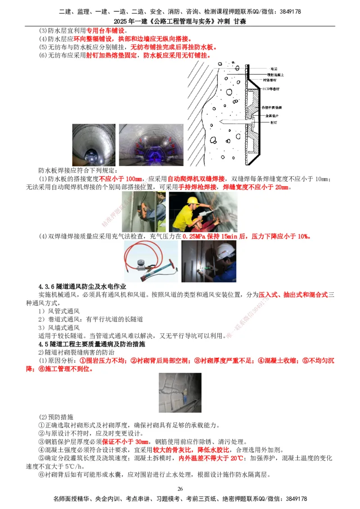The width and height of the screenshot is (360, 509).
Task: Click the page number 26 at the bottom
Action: pyautogui.click(x=180, y=489)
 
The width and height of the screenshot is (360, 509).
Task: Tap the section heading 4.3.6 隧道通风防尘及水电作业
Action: pyautogui.click(x=83, y=286)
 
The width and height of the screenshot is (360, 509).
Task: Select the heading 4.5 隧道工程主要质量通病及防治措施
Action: pyautogui.click(x=94, y=344)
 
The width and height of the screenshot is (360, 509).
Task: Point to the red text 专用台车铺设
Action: pyautogui.click(x=107, y=31)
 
